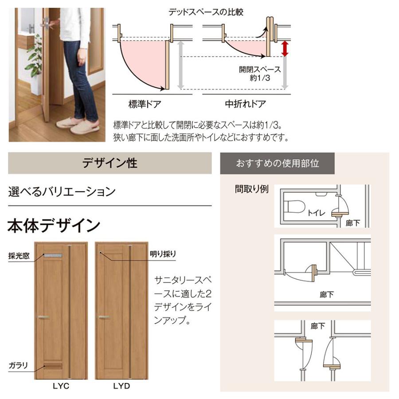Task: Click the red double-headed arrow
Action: [x=285, y=49]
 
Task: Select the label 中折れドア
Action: [x=245, y=105]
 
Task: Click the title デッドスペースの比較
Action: [x=206, y=12]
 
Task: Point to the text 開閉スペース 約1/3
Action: [x=260, y=74]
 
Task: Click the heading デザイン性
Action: [x=110, y=163]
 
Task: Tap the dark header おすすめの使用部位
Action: [x=278, y=163]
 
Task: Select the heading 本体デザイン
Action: [x=54, y=226]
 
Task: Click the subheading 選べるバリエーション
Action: [x=62, y=192]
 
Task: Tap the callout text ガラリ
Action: [x=18, y=366]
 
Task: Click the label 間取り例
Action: [x=252, y=189]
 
